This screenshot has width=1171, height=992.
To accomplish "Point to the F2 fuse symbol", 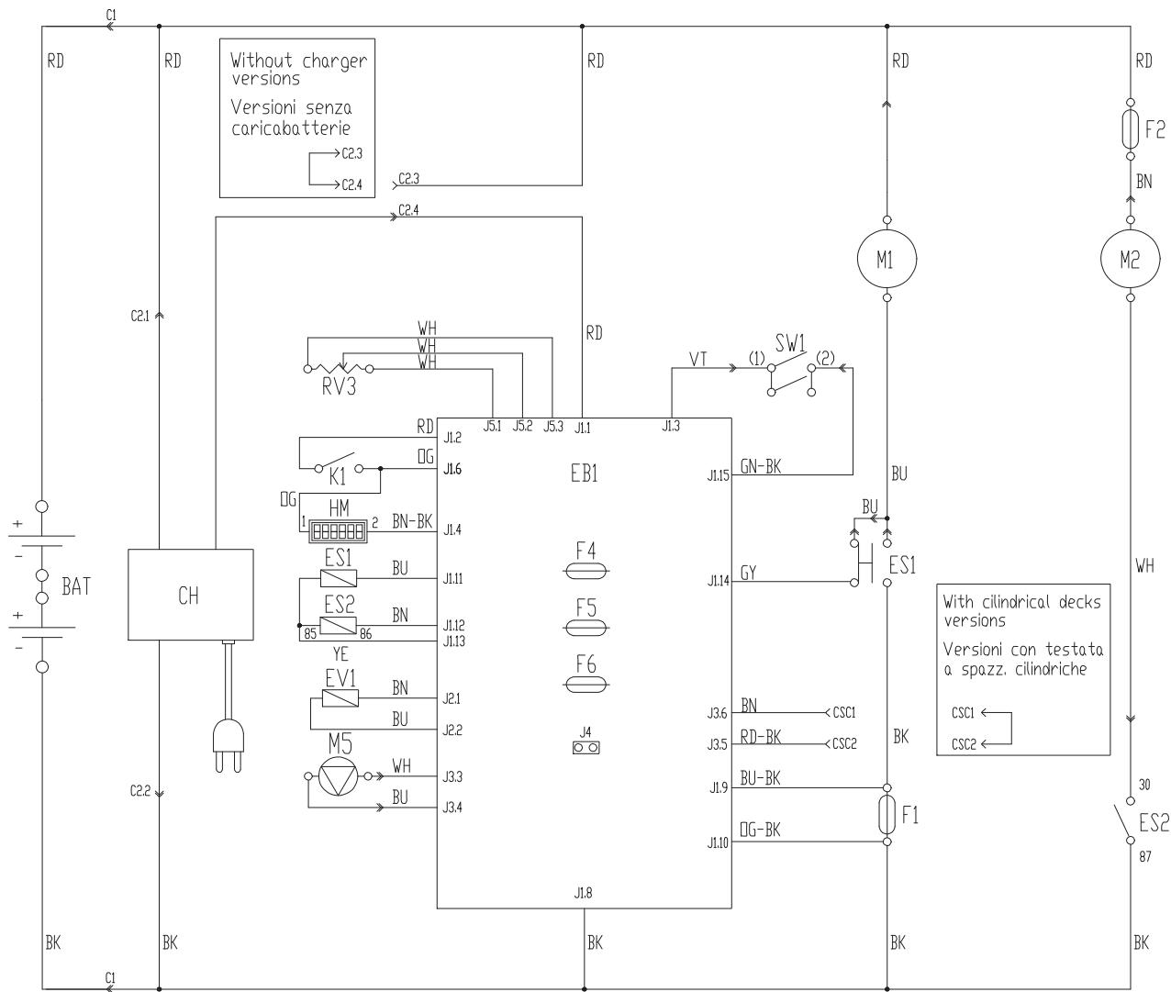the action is [1131, 129].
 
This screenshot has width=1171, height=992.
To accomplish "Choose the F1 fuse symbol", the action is [887, 815].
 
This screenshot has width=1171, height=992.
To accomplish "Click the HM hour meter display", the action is [339, 530].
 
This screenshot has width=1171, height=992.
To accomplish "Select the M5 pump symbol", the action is [339, 776].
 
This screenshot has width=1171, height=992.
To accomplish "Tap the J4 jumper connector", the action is [585, 747].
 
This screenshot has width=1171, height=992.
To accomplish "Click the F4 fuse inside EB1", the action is [585, 571].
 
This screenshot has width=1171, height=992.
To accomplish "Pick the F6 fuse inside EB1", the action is [585, 685].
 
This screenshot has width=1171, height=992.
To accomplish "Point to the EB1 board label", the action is [584, 473].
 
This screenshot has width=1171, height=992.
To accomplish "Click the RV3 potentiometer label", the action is [339, 386].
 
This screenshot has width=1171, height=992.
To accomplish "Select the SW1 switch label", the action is [790, 343].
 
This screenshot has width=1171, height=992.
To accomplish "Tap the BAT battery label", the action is [76, 586].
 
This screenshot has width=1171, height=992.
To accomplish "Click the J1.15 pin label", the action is [718, 475].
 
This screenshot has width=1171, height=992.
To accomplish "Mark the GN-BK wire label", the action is [760, 466].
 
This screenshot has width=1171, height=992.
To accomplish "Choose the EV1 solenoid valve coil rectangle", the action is [340, 698].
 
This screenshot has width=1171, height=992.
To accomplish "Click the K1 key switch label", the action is [337, 477].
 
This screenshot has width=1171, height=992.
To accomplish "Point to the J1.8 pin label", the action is [583, 893].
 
